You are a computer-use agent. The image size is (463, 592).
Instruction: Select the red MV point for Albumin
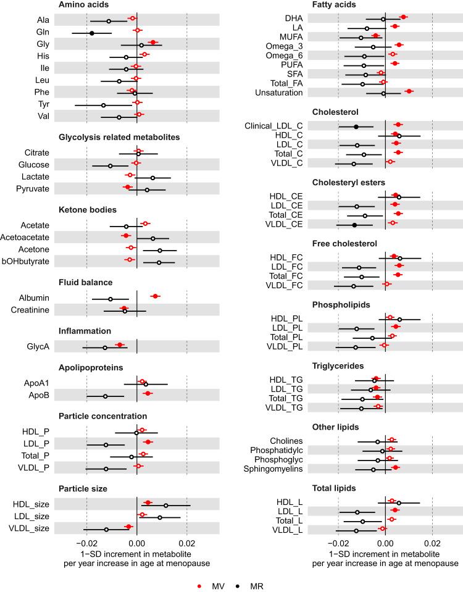pyautogui.click(x=156, y=296)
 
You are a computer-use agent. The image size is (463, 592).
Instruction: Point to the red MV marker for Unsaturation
pyautogui.click(x=409, y=91)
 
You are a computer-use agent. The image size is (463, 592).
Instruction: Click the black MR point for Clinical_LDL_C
pyautogui.click(x=356, y=127)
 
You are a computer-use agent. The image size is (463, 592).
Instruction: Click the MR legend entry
pyautogui.click(x=252, y=581)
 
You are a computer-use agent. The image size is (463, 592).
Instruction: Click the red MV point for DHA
pyautogui.click(x=403, y=17)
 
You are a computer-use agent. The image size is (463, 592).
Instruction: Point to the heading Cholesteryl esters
pyautogui.click(x=349, y=183)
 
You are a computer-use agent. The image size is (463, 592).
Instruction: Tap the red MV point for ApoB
pyautogui.click(x=148, y=393)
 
